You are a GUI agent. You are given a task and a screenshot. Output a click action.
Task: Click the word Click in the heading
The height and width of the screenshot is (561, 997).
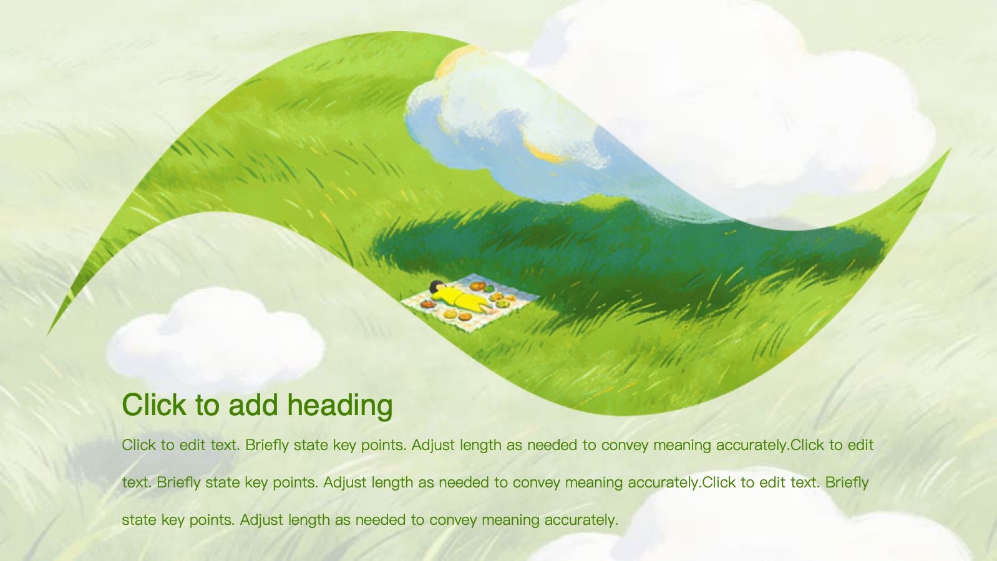coord(154,405)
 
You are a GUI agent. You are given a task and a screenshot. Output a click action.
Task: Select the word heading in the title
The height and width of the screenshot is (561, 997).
coord(340,406)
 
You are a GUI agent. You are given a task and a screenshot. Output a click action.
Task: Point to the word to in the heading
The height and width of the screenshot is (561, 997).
coord(207,405)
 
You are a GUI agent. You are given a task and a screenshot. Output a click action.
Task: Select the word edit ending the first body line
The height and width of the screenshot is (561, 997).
coord(860,444)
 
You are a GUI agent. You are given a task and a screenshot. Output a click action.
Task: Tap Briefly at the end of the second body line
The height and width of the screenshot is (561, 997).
coord(847,482)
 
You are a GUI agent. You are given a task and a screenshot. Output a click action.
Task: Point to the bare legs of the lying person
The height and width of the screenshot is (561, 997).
coord(489,309)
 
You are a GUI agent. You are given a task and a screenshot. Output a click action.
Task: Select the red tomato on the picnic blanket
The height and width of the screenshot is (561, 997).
coord(428,305)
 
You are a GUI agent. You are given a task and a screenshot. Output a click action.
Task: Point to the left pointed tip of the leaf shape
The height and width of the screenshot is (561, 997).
coord(47,334)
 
